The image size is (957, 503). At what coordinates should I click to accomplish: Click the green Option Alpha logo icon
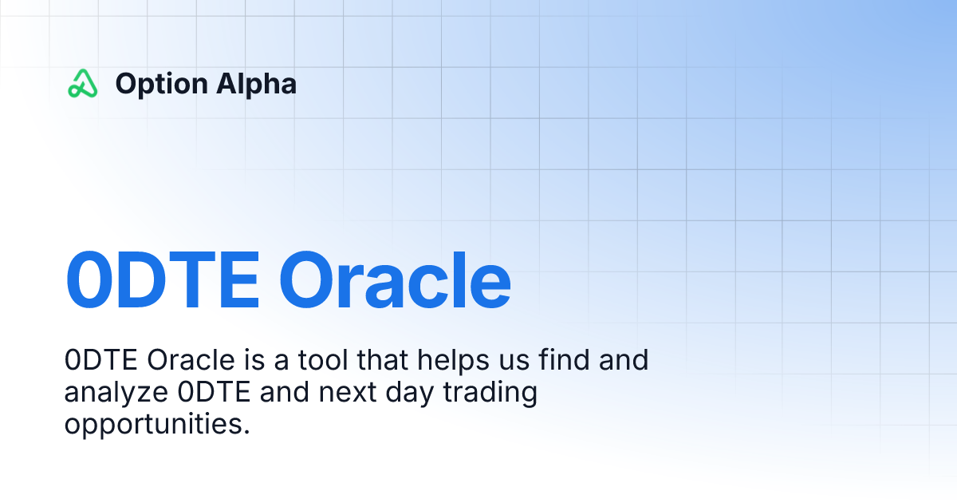(x=82, y=83)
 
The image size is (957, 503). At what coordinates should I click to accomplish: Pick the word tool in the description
(x=325, y=361)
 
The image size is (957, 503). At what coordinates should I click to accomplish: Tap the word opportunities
(x=157, y=424)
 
